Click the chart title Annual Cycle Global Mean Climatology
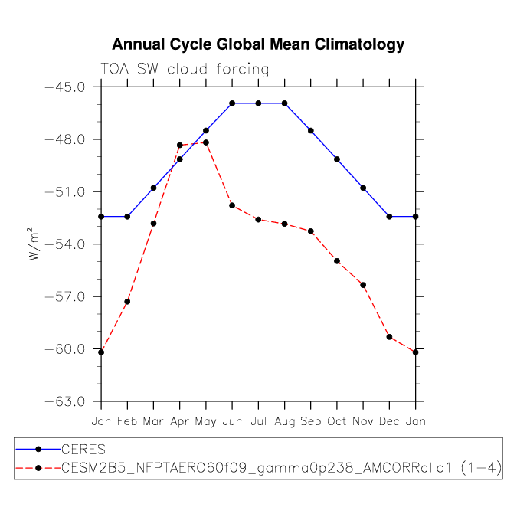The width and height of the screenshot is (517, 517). [x=258, y=44]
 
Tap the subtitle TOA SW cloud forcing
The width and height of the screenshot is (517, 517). [x=185, y=70]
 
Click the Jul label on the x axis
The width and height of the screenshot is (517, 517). [x=258, y=421]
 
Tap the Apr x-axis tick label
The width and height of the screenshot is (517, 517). [x=180, y=421]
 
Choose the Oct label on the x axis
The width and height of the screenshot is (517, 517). [x=337, y=421]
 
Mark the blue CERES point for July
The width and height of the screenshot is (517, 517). [x=258, y=103]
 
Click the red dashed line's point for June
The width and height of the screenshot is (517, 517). [x=232, y=205]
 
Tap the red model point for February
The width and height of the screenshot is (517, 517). [x=127, y=302]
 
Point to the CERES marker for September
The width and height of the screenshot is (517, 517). [x=311, y=131]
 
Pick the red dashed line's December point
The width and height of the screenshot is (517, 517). [x=389, y=337]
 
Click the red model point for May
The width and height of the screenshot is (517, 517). [x=206, y=142]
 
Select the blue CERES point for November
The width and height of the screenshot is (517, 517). [x=363, y=188]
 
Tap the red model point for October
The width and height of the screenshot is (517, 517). [x=337, y=261]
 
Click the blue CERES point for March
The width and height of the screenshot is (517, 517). [x=153, y=188]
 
